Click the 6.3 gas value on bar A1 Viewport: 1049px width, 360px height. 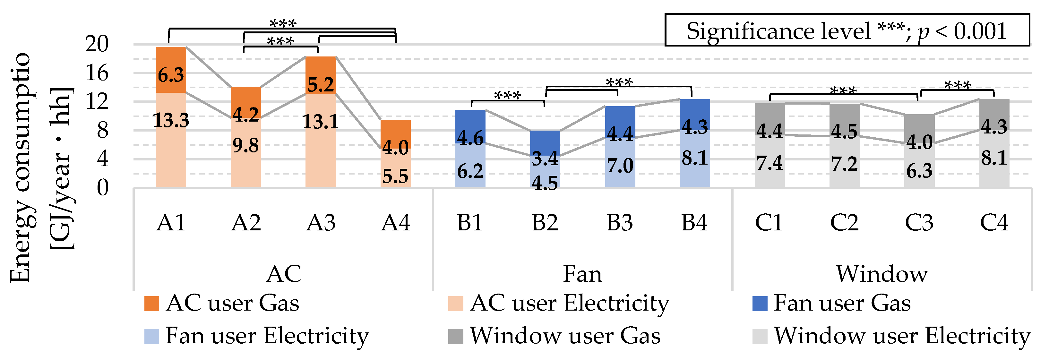tap(171, 75)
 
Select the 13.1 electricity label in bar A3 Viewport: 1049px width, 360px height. tap(321, 121)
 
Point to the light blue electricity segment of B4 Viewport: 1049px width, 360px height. tap(695, 163)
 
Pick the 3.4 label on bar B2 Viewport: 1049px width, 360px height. tap(545, 159)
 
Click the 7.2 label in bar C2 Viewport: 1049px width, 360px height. tap(844, 164)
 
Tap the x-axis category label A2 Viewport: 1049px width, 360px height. tap(245, 223)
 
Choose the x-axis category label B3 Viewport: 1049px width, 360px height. tap(620, 223)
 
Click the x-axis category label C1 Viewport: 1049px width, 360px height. tap(769, 223)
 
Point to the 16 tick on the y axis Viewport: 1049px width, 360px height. tap(97, 73)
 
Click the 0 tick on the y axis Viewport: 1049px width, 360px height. tap(103, 188)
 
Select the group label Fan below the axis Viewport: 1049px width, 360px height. tap(582, 274)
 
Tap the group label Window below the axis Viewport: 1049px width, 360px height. tap(882, 274)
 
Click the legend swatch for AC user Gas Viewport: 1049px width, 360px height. tap(151, 304)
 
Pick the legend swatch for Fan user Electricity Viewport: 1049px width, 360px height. tap(151, 336)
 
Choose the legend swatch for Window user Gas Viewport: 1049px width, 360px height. tap(456, 336)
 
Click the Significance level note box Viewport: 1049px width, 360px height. tap(847, 30)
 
